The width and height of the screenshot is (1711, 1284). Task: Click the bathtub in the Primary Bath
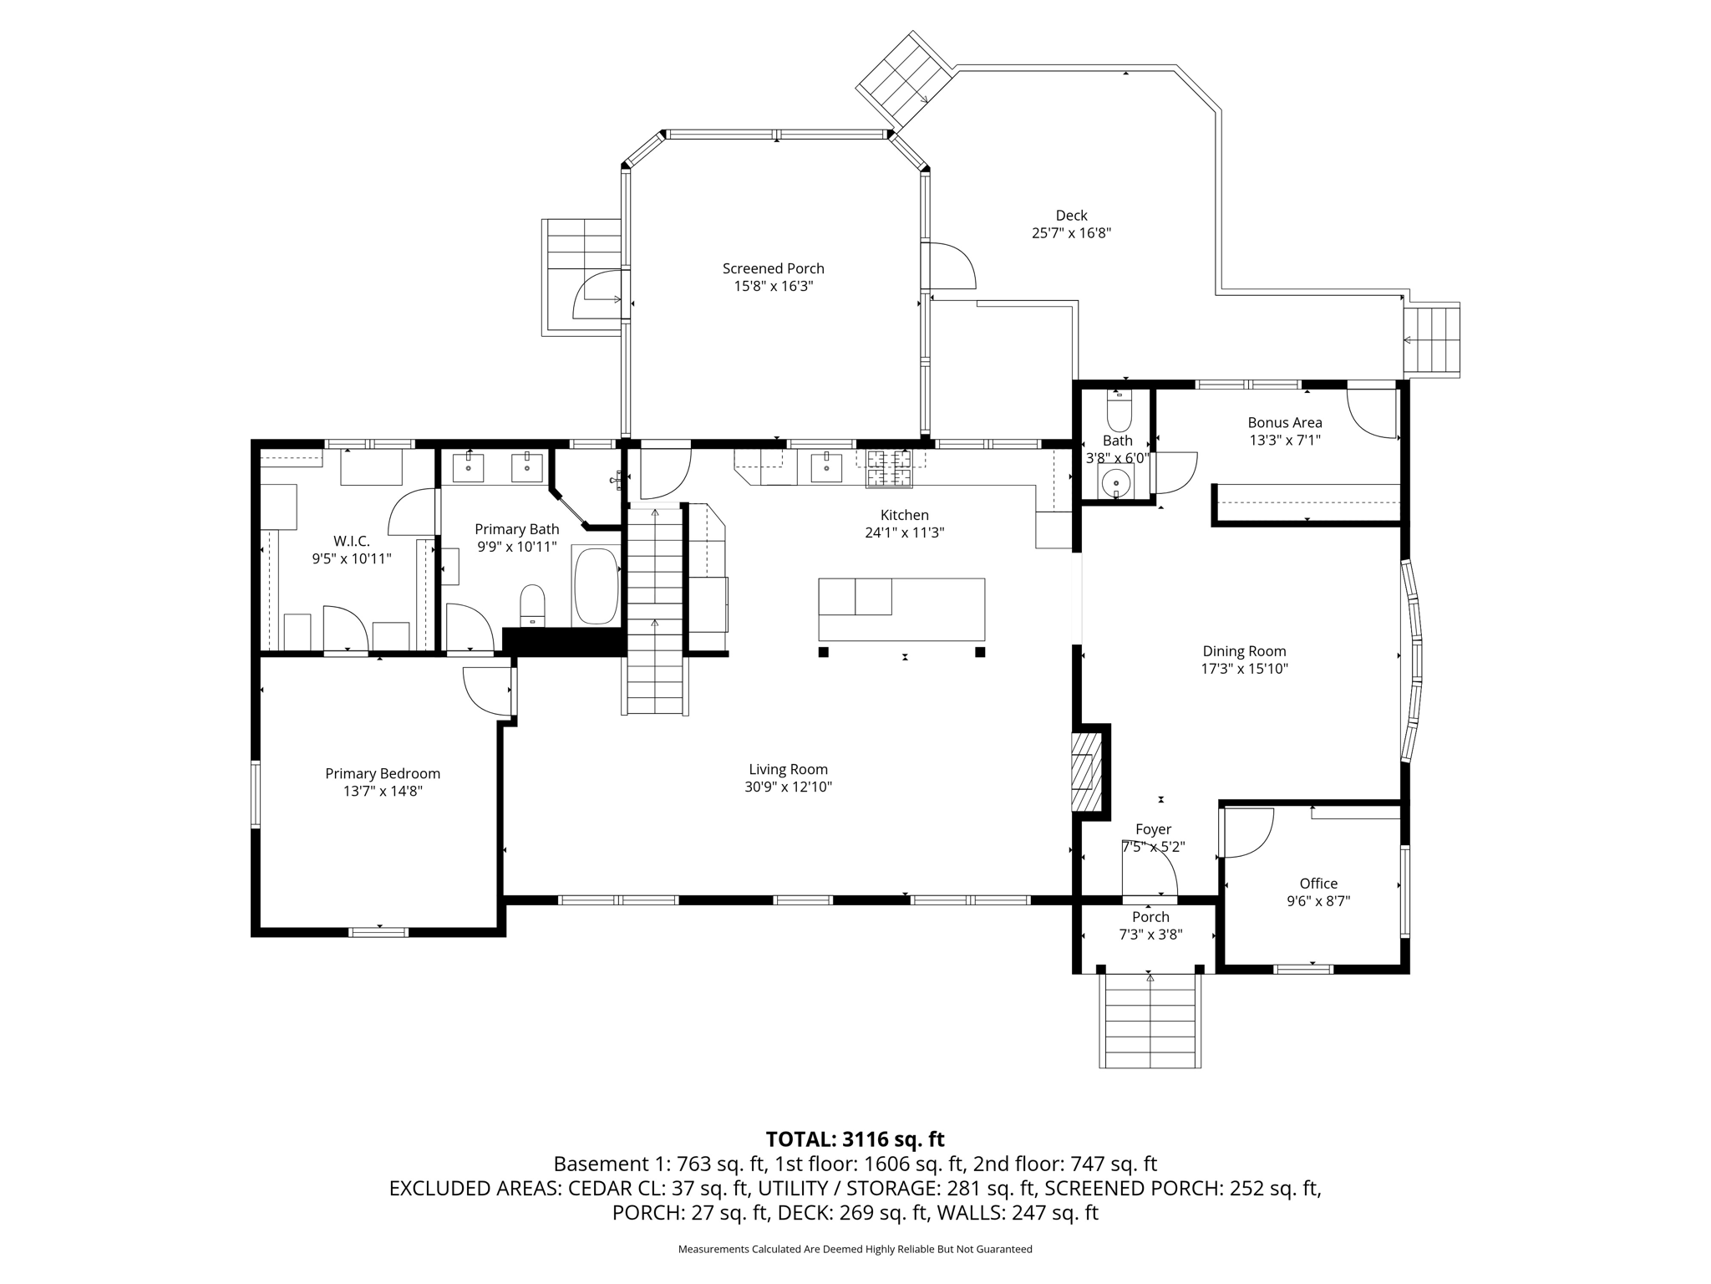point(596,585)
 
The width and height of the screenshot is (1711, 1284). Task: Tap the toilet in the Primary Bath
point(532,604)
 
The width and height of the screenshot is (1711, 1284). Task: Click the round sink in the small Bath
point(1115,482)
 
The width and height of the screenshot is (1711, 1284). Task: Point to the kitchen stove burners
point(889,468)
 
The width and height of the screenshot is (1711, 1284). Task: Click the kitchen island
point(901,609)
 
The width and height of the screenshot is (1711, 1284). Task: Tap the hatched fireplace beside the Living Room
point(1084,771)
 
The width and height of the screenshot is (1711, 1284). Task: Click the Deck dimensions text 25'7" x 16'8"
point(1071,233)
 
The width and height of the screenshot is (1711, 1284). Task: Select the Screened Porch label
point(773,268)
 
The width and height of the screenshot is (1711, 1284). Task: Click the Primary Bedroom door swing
point(488,690)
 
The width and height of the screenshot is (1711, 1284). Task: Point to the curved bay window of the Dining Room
point(1413,660)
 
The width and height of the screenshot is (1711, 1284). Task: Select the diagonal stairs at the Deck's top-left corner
point(906,77)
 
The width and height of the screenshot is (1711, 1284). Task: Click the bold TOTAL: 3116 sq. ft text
point(855,1139)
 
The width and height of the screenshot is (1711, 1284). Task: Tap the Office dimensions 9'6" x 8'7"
point(1318,901)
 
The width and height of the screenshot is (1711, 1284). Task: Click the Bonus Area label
point(1284,423)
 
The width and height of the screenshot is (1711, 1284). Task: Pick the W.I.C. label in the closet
point(351,542)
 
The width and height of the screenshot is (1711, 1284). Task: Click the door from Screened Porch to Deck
point(951,266)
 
